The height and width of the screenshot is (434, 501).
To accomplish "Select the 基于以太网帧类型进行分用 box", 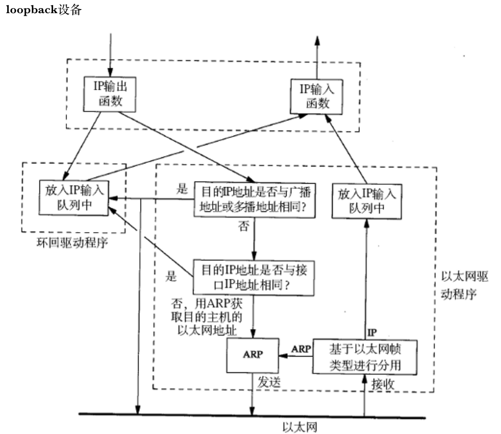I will point(365,357).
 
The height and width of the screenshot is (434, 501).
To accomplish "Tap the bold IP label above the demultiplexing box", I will point(372,332).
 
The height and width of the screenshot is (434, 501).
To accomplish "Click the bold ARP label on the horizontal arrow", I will point(300,349).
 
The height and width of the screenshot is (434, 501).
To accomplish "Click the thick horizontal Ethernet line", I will point(202,416).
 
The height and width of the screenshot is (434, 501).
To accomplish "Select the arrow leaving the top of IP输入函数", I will point(317,56).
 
